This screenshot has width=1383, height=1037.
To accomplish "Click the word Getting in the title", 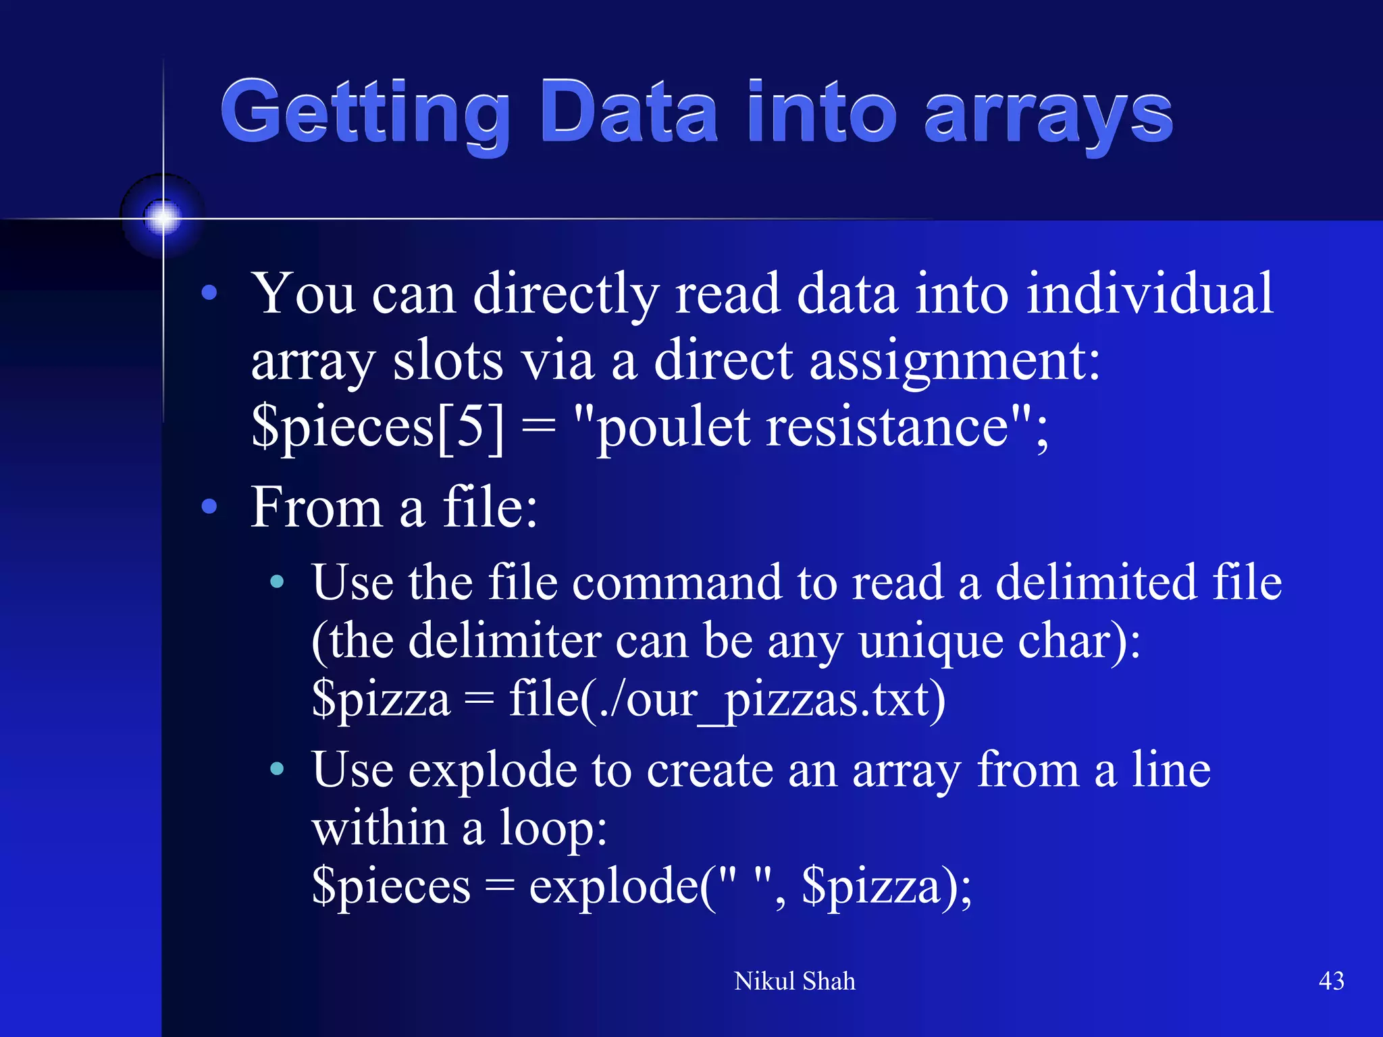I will pyautogui.click(x=365, y=113).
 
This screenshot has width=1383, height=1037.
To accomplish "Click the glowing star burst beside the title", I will pyautogui.click(x=163, y=217).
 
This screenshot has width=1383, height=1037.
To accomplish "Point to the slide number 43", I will pyautogui.click(x=1331, y=980).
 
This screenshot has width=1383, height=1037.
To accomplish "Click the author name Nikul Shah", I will pyautogui.click(x=794, y=981).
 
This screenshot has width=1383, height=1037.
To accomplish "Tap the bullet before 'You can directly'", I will pyautogui.click(x=209, y=293).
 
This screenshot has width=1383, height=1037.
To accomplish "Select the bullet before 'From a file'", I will pyautogui.click(x=209, y=506).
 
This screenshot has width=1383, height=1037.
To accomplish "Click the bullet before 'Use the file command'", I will pyautogui.click(x=277, y=581).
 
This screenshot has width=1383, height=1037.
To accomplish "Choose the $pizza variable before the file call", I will pyautogui.click(x=381, y=699).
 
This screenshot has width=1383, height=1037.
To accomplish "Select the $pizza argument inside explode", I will pyautogui.click(x=871, y=886).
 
